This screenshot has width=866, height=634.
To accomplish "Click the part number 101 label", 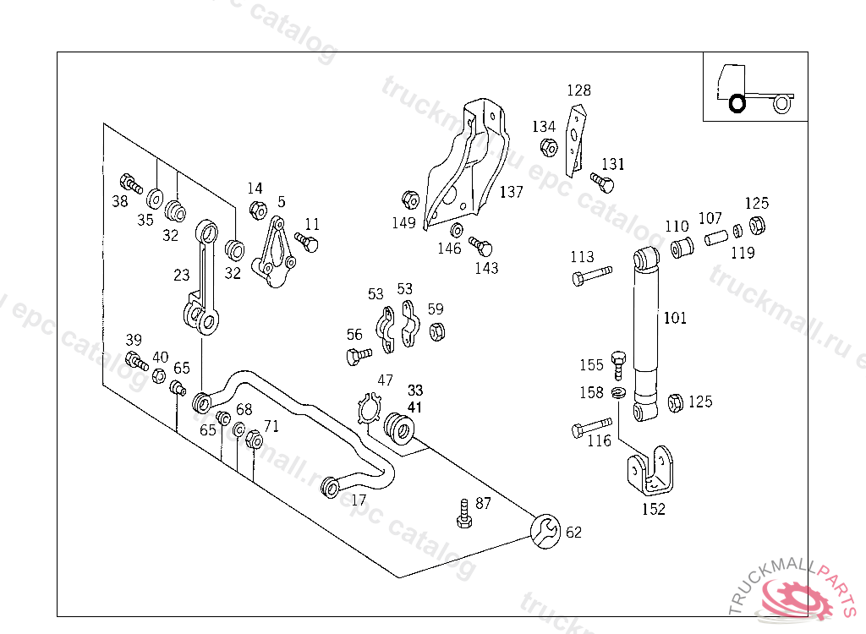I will click(x=675, y=318).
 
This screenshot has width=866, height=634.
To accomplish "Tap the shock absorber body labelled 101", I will click(x=647, y=330).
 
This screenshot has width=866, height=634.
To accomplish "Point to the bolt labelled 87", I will click(x=463, y=513).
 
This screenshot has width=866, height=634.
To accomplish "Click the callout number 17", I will click(x=359, y=500).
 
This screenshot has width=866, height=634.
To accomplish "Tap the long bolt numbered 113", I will click(x=591, y=276).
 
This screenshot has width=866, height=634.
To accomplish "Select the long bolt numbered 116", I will click(x=591, y=427).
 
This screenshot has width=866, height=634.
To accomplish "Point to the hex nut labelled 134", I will click(x=548, y=147).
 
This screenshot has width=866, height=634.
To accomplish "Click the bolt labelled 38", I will click(x=131, y=183).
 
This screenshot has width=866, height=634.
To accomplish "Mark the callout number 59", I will click(x=435, y=309).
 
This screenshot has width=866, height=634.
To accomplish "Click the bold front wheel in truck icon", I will click(x=737, y=103).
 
